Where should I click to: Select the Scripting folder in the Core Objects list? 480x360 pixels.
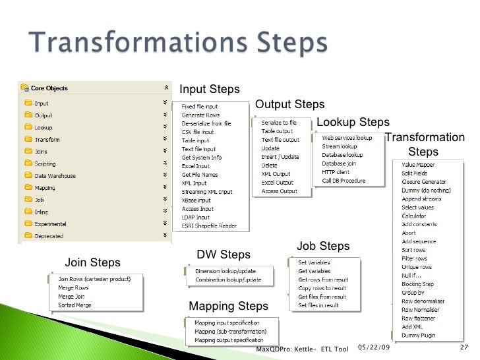click(45, 164)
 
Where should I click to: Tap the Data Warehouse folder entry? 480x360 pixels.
click(55, 176)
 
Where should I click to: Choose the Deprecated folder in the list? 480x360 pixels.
click(49, 235)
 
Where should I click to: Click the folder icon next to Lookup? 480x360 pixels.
click(27, 127)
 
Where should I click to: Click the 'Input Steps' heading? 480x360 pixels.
click(210, 89)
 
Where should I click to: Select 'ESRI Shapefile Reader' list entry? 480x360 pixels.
click(209, 226)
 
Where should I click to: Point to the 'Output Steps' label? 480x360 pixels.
click(289, 104)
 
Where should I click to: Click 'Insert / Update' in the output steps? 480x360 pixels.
click(280, 157)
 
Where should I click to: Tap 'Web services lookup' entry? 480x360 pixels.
click(347, 138)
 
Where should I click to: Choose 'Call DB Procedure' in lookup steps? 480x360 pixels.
click(343, 181)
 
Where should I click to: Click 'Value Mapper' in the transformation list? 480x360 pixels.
click(418, 164)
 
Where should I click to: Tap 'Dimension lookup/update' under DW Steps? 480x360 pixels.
click(223, 271)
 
